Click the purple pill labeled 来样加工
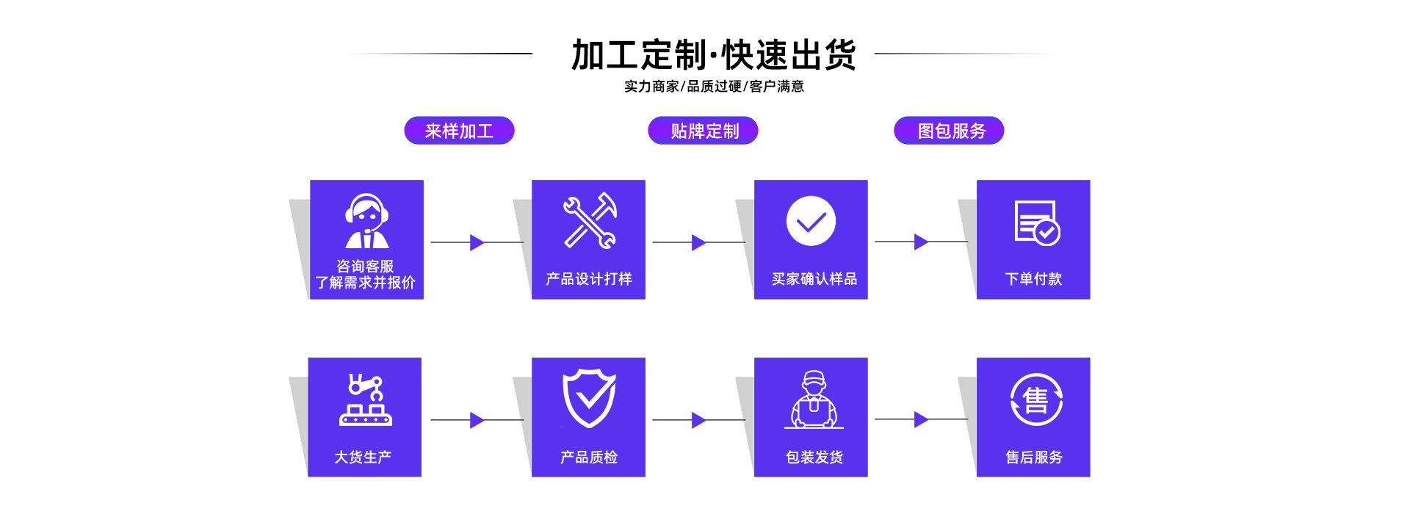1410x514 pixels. tap(459, 131)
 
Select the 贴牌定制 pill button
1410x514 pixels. tap(703, 131)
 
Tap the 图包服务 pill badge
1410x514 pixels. tap(949, 131)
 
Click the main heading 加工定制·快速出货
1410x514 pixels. tap(713, 54)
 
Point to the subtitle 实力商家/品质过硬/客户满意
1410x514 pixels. tap(714, 87)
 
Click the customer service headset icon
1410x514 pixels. tap(366, 221)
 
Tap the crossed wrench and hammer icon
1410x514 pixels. tap(589, 220)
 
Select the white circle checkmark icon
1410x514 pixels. tap(811, 221)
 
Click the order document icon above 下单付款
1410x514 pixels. tap(1036, 222)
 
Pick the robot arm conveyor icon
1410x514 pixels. tap(366, 399)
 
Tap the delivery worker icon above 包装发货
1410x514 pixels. tap(813, 399)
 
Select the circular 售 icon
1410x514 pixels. tap(1035, 400)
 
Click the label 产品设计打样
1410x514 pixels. tap(589, 279)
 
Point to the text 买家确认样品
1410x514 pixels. tap(814, 279)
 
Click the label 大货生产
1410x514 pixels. tap(363, 457)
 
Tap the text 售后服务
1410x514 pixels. tap(1033, 457)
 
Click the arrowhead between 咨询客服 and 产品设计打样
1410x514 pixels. tap(477, 242)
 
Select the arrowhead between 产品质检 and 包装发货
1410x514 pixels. tap(698, 420)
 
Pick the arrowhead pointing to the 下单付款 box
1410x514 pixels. tap(921, 242)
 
